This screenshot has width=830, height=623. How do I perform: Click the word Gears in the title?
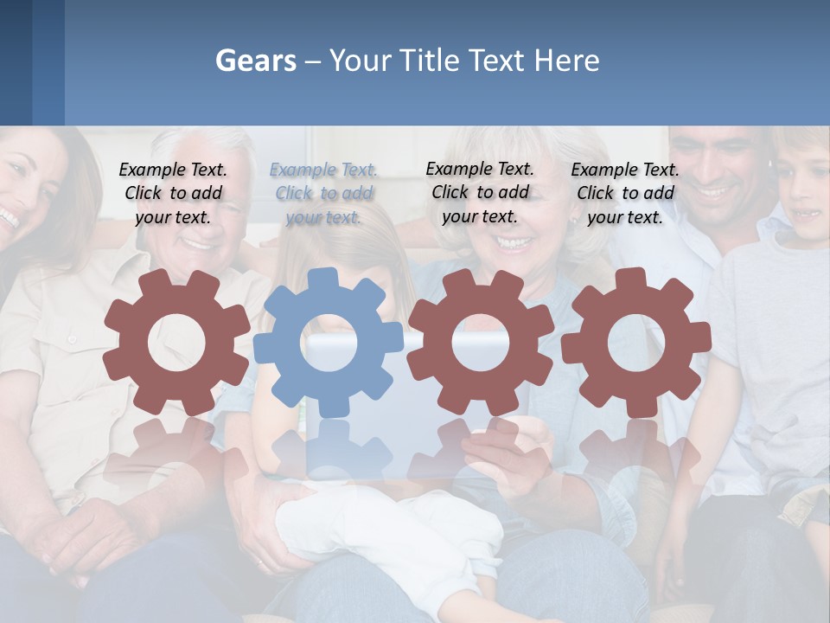(x=255, y=61)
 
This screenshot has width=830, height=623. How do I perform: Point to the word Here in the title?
(x=566, y=61)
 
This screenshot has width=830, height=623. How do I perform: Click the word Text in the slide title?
(x=499, y=61)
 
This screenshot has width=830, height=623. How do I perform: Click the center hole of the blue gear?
(x=329, y=343)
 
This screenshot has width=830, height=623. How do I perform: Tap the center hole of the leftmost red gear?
(x=176, y=343)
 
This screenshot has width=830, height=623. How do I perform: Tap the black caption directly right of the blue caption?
(x=480, y=193)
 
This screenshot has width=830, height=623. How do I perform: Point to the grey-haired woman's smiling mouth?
(x=514, y=242)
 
